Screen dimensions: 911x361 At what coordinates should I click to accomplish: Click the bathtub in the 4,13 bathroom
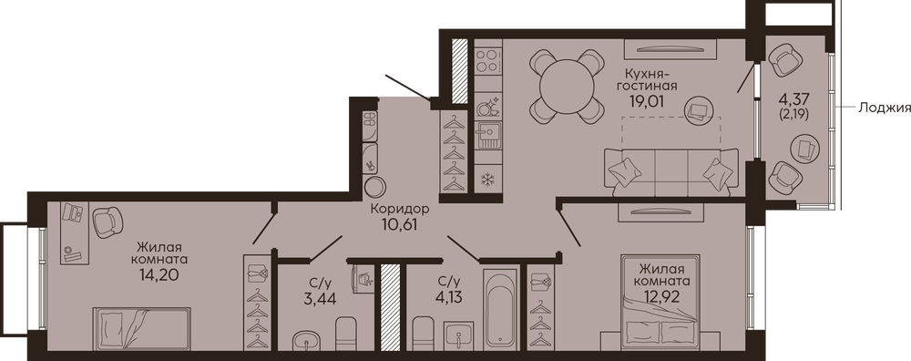(501, 313)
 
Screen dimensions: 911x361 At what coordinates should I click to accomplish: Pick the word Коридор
(400, 209)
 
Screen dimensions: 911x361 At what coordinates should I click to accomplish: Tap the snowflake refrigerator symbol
(487, 180)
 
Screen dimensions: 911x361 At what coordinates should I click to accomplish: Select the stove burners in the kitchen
(488, 60)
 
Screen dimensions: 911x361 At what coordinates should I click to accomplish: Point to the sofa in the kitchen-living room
(671, 170)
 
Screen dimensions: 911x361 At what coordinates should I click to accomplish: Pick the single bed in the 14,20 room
(142, 328)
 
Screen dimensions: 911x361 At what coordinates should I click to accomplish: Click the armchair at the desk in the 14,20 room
(108, 222)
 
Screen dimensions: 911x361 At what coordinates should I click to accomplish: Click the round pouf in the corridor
(375, 187)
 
